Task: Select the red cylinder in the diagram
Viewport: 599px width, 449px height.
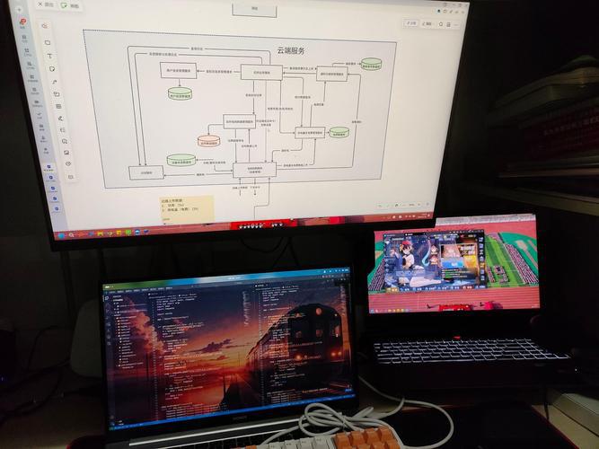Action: [208, 141]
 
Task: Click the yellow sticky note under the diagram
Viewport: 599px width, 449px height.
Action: [186, 207]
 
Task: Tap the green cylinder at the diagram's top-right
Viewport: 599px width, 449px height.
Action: [370, 65]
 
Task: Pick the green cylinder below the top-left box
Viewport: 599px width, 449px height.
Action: [180, 92]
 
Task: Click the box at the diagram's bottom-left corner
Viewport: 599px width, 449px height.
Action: [146, 172]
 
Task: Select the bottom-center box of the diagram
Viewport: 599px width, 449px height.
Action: [254, 169]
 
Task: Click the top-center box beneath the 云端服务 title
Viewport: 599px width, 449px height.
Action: [261, 71]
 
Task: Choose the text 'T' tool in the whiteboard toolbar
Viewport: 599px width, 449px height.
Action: [49, 56]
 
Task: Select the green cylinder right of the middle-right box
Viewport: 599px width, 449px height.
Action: [339, 133]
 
